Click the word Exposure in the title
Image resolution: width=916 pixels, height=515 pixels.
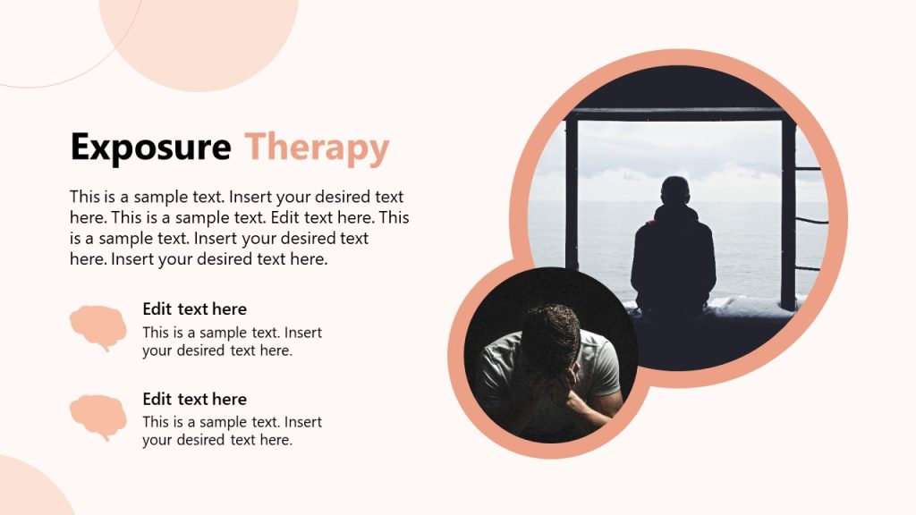click(x=150, y=148)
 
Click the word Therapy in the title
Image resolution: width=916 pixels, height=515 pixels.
click(x=318, y=148)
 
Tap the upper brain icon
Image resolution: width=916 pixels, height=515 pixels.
click(x=98, y=325)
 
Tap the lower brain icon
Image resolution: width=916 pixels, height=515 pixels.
click(x=98, y=416)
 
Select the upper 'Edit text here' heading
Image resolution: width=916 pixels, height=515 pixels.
click(x=194, y=309)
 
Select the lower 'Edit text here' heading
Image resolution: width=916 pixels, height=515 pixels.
click(x=194, y=400)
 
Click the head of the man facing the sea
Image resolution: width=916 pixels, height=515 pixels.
click(x=675, y=191)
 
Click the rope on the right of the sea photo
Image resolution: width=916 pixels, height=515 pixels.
click(x=811, y=221)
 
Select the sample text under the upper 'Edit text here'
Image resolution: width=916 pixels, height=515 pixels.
click(x=232, y=342)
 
